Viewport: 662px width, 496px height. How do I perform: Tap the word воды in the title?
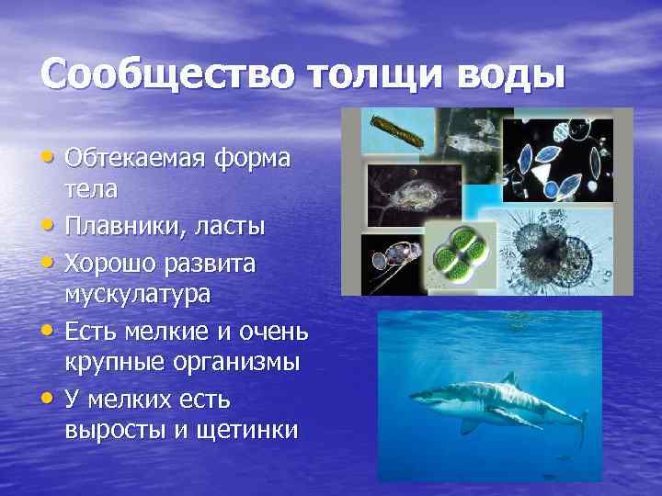[504, 73]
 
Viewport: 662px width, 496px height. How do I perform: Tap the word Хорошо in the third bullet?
[109, 264]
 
